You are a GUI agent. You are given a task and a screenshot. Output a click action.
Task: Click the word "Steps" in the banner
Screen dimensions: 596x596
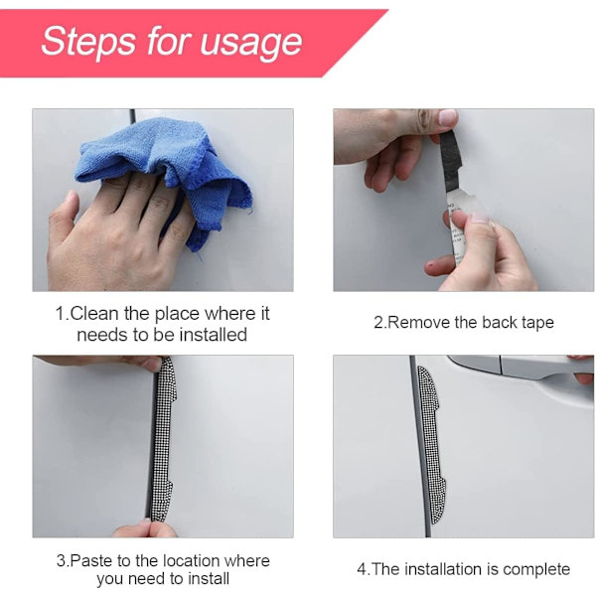[88, 41]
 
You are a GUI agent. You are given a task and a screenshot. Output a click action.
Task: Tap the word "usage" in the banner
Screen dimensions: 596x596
[251, 43]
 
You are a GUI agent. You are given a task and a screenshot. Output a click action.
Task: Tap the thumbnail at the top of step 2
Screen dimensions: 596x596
[448, 118]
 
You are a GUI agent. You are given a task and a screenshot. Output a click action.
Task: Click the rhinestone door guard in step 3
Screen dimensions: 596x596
[164, 439]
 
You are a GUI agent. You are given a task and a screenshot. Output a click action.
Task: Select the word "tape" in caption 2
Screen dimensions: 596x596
[537, 324]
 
